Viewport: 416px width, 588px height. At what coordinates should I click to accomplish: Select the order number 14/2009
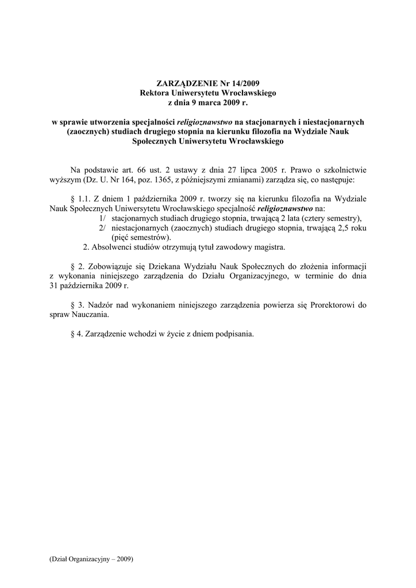235,83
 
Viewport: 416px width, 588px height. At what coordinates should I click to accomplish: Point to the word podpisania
234,334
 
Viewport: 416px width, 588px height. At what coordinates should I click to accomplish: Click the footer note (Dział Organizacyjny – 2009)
91,559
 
